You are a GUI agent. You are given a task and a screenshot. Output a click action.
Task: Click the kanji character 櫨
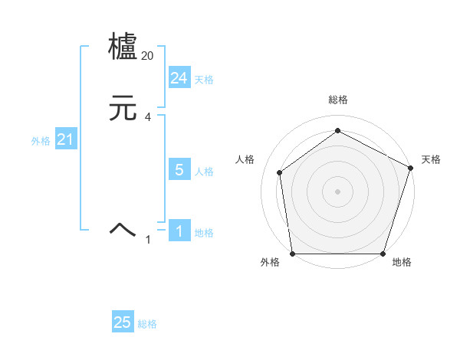tap(123, 47)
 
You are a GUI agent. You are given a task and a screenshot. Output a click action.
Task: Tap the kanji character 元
tap(123, 109)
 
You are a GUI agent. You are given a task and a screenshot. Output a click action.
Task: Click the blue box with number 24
tap(179, 78)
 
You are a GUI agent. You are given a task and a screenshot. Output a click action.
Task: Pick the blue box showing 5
tap(179, 170)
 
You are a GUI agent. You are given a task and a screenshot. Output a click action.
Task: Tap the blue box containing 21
tap(65, 140)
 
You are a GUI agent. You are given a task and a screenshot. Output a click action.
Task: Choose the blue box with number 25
tap(123, 322)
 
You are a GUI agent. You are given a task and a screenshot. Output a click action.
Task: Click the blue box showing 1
tap(179, 231)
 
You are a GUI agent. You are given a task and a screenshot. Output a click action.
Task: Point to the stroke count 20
tap(148, 56)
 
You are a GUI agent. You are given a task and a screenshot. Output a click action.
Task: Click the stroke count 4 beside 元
tap(148, 117)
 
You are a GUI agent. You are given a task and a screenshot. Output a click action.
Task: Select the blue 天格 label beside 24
tap(204, 80)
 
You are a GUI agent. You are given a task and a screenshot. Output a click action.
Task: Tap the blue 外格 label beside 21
tap(41, 141)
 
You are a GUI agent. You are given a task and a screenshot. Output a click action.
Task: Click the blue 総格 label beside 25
tap(147, 324)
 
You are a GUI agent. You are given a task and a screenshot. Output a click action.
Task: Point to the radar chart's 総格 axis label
tap(337, 100)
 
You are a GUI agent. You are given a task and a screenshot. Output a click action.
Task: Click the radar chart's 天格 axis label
tap(431, 159)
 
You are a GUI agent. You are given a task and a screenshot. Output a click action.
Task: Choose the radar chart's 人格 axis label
tap(245, 159)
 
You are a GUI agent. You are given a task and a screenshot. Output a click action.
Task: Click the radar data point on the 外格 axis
tap(292, 254)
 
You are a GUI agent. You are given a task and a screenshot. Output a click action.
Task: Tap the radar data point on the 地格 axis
tap(383, 254)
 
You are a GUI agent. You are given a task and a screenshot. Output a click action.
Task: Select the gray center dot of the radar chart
tap(337, 191)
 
